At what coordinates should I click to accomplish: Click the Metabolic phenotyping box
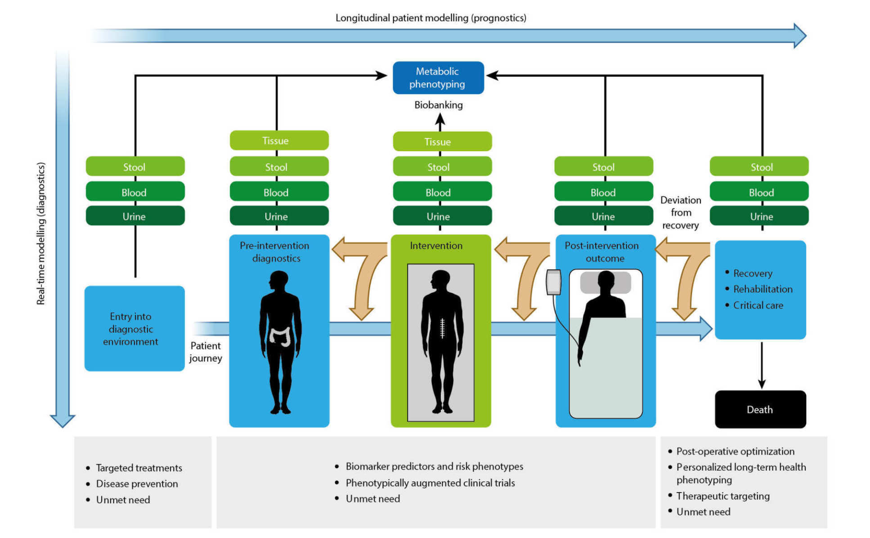tap(438, 78)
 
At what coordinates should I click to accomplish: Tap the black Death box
tap(760, 409)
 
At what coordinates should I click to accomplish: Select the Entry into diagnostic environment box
tap(134, 329)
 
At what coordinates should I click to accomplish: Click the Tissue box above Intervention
tap(442, 142)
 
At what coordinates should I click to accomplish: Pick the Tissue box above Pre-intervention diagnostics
tap(279, 140)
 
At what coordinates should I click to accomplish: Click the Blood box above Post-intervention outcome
tap(603, 193)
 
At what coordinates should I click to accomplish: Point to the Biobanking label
tap(438, 105)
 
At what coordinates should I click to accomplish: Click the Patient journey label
tap(206, 352)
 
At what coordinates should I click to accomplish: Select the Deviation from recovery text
tap(680, 212)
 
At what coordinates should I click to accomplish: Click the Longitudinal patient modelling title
tap(431, 18)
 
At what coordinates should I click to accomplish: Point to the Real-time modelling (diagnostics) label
tap(41, 234)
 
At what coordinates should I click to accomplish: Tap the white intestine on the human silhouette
tap(280, 336)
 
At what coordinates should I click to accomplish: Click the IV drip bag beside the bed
tap(553, 282)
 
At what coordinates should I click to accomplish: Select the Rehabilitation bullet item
tap(762, 289)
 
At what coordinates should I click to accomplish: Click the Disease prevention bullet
tap(137, 484)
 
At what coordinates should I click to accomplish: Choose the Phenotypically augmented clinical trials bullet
tap(430, 483)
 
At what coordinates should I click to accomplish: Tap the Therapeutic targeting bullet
tap(722, 496)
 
